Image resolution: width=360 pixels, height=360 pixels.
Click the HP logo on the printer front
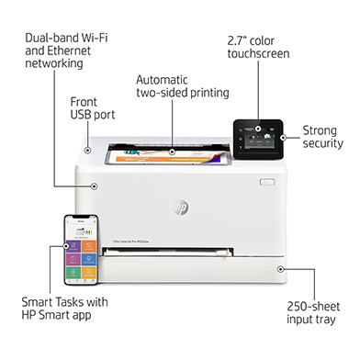coord(180,208)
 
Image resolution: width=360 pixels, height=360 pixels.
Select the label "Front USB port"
coord(93,107)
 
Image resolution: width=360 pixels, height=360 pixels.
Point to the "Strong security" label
coord(321,136)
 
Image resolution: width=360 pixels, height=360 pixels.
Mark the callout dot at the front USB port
coord(88,149)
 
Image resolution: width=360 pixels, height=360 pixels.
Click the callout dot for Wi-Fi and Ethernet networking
coord(94,186)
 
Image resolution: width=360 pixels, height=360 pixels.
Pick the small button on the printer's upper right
coord(266,181)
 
